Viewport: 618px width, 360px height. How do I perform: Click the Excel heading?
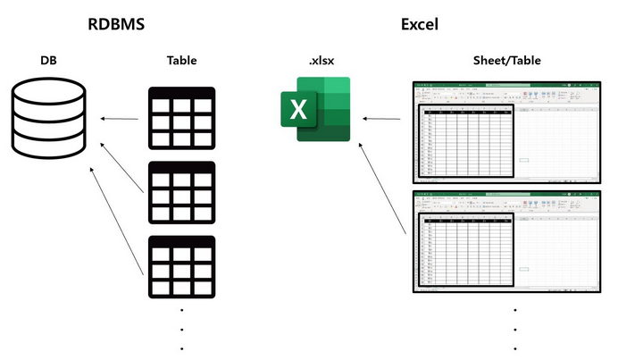[419, 24]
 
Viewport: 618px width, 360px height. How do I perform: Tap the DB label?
[50, 62]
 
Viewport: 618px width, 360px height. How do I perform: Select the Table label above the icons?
[181, 62]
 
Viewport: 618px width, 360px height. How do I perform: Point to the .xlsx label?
[320, 62]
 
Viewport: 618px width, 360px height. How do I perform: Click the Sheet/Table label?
[507, 62]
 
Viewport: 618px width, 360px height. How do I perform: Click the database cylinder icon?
[50, 116]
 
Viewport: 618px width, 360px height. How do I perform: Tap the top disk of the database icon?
[50, 90]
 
